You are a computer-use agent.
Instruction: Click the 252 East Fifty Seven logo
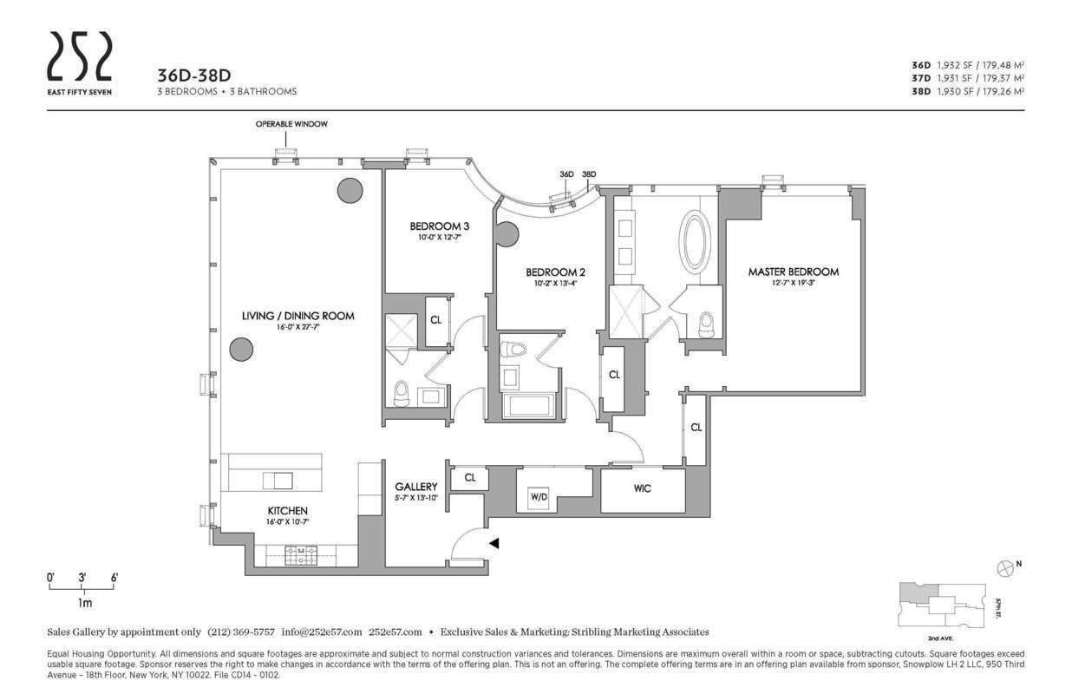(x=79, y=62)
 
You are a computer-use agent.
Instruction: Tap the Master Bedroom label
(x=793, y=272)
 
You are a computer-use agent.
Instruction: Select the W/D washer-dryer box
(x=538, y=497)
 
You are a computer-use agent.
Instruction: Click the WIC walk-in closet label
(x=642, y=488)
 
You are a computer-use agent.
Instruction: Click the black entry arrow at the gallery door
(x=494, y=543)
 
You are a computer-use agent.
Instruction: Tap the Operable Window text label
(x=291, y=124)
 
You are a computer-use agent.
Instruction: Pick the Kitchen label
(x=287, y=510)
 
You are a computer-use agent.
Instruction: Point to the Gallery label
(x=415, y=487)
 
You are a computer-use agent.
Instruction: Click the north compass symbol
(x=1004, y=567)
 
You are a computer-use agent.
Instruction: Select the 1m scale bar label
(x=85, y=602)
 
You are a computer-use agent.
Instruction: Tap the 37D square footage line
(x=967, y=78)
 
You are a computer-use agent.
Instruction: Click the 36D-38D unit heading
(x=193, y=75)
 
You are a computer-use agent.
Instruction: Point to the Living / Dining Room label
(x=297, y=316)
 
